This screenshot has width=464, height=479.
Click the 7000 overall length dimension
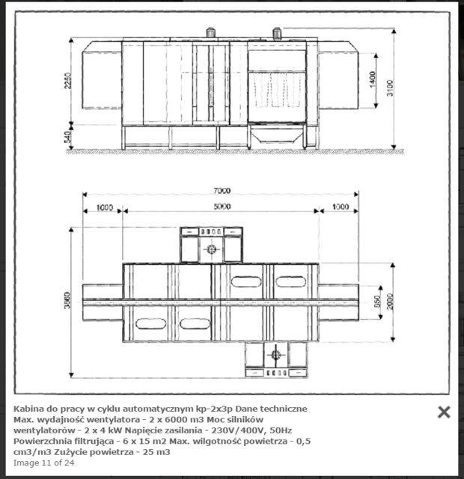221,191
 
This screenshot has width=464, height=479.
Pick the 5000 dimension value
221,207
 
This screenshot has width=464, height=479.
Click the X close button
444,412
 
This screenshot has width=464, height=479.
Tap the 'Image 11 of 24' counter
44,463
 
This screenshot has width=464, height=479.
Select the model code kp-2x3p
212,409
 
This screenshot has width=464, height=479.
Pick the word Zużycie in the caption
91,452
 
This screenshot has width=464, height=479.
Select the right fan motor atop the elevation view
276,34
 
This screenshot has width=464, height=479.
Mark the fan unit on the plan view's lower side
276,358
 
